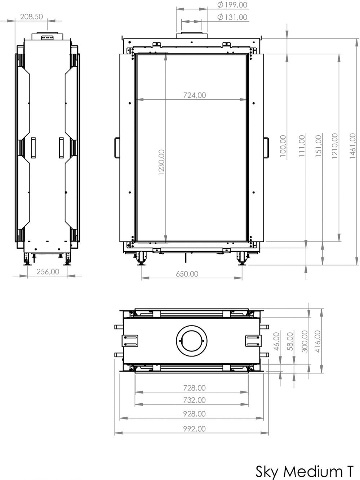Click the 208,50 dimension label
31,17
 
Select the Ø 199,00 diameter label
232,5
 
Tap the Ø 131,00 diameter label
232,17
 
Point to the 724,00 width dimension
195,95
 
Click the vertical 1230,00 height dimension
161,162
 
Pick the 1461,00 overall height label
352,146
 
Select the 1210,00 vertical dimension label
335,146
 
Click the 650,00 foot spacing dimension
187,274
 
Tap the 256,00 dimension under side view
48,272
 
